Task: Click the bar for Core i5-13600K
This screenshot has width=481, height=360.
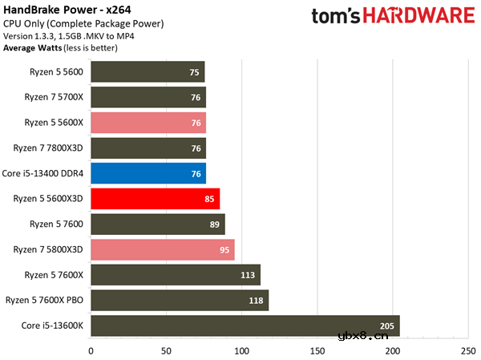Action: point(245,326)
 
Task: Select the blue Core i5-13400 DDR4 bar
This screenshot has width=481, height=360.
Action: point(148,173)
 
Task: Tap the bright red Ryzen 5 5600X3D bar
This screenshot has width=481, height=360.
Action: point(155,199)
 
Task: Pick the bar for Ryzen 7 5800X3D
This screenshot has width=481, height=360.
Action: point(162,249)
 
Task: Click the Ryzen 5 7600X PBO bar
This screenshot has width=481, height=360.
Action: point(180,301)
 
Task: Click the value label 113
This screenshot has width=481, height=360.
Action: point(249,275)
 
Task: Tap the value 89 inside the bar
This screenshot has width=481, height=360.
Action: point(214,224)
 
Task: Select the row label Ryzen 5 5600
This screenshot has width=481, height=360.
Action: point(56,72)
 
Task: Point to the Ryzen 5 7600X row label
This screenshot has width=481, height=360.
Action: point(55,275)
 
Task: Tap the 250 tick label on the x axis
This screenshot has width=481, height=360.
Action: point(467,350)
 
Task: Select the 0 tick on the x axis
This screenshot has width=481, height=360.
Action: point(91,350)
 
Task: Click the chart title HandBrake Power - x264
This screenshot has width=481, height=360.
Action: point(62,10)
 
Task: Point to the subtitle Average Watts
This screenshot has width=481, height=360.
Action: point(30,47)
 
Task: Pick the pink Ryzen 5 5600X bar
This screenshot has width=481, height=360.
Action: point(148,123)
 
